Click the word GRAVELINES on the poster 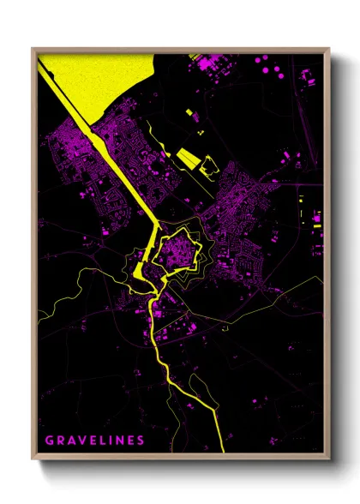pyautogui.click(x=94, y=441)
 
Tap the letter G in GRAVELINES pyautogui.click(x=49, y=441)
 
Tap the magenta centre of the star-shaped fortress pyautogui.click(x=180, y=249)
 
